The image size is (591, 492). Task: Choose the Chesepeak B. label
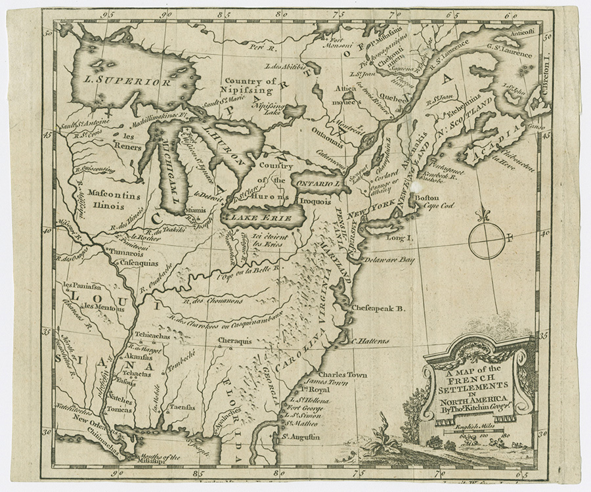(378, 307)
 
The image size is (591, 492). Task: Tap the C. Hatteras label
(370, 341)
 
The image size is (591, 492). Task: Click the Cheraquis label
(234, 341)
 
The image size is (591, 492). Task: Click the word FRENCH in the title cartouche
(471, 378)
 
